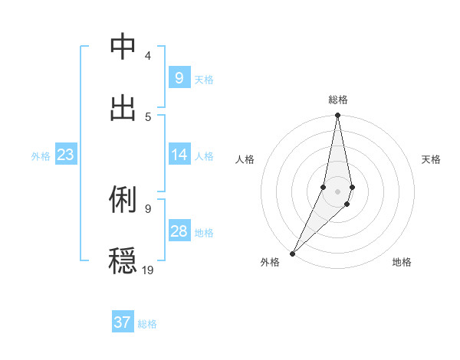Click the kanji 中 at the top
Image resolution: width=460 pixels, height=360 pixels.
pos(123,47)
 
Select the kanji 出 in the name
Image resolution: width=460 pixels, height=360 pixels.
pos(123,108)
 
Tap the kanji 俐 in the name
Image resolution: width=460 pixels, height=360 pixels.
pos(123,199)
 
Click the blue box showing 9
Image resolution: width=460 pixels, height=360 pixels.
pos(179,77)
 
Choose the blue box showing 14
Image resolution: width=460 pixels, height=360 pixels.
pos(179,155)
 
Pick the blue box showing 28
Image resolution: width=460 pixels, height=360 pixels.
pos(179,231)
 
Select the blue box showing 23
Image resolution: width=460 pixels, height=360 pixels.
pos(66,155)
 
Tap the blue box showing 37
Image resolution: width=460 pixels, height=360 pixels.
pos(123,322)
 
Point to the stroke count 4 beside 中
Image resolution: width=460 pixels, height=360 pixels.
pos(148,56)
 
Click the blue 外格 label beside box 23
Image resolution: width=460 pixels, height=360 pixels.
pos(41,155)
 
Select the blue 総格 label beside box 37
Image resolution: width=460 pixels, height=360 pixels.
pos(147,324)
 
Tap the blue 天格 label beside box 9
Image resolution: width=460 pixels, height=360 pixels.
pos(204,79)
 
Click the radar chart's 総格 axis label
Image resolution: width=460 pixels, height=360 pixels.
pos(338,100)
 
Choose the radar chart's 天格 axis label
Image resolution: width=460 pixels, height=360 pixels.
pos(432,159)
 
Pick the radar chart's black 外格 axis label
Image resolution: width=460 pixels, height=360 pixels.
pos(270,262)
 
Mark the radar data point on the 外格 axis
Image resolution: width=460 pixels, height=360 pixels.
pos(292,253)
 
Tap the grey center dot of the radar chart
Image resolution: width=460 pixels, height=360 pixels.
pos(338,191)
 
